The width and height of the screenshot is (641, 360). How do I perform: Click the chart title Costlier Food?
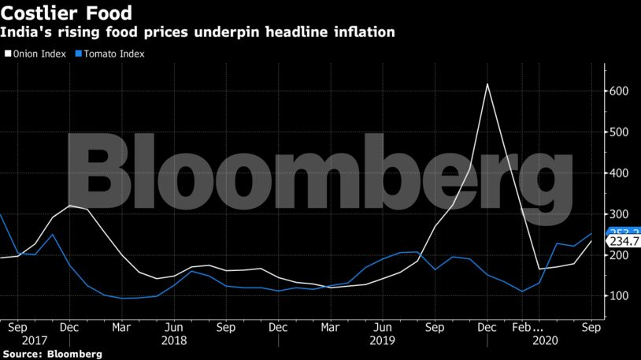click(66, 13)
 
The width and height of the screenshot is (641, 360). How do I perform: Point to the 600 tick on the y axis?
click(621, 91)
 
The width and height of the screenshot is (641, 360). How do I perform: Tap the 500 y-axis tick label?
click(621, 132)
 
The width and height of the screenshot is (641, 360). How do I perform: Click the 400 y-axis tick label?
click(621, 173)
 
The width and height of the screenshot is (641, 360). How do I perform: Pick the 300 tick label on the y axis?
click(621, 214)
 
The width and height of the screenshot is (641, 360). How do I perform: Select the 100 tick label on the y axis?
click(621, 296)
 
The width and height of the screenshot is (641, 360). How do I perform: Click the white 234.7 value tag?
click(623, 243)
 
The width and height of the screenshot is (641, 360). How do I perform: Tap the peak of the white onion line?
click(487, 84)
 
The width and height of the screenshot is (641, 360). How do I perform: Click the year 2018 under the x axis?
click(174, 341)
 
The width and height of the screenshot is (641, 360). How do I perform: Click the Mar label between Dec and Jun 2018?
click(120, 326)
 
